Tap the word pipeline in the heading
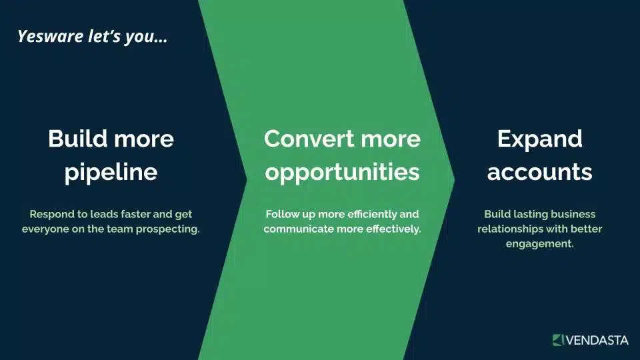click(x=111, y=172)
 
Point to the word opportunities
click(x=342, y=172)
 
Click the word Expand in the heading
click(x=539, y=139)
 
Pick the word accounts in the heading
click(x=539, y=172)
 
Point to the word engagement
click(x=539, y=244)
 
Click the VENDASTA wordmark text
click(x=597, y=340)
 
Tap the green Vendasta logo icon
click(x=558, y=340)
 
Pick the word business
click(x=573, y=215)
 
